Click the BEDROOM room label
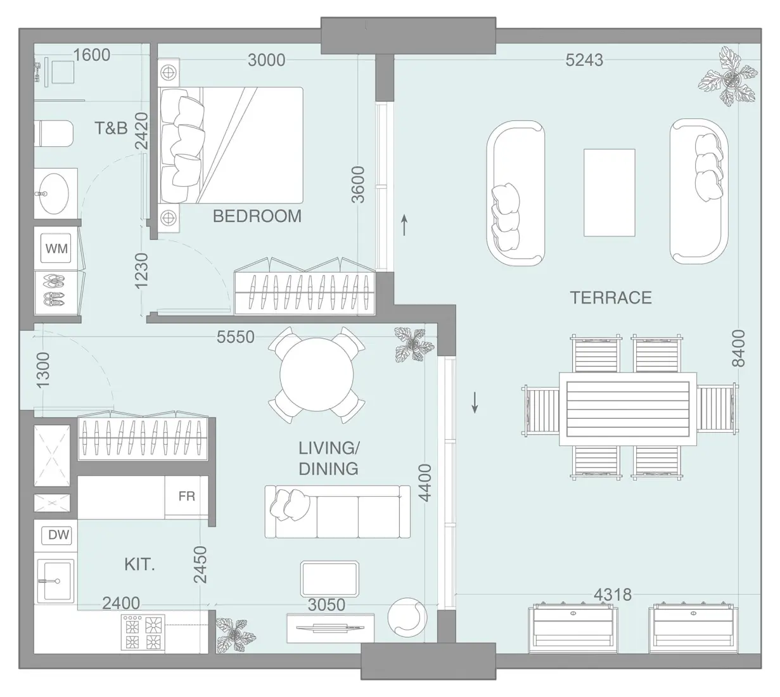click(x=257, y=216)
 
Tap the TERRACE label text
click(x=610, y=298)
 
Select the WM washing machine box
click(x=56, y=248)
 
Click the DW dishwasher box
click(x=58, y=535)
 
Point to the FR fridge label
click(x=186, y=496)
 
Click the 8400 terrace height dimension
click(x=738, y=348)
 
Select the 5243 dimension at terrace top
click(x=584, y=60)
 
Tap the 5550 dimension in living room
click(x=235, y=337)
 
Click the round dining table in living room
click(x=317, y=375)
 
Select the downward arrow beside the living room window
click(x=475, y=402)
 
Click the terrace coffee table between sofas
click(x=609, y=193)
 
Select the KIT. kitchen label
click(x=139, y=564)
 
